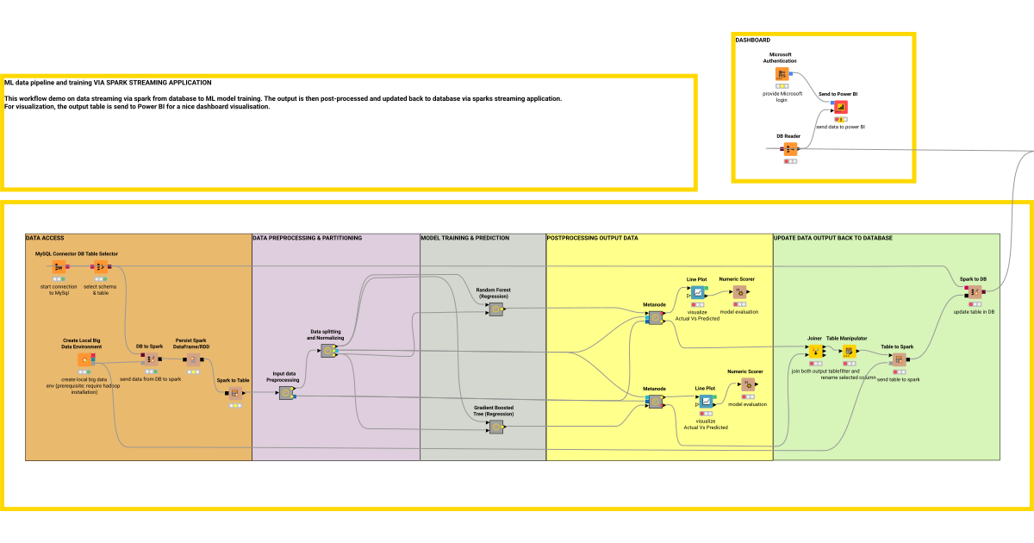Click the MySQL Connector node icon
(59, 266)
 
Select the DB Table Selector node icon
(101, 266)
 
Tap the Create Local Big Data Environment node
(84, 359)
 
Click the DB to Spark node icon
(149, 359)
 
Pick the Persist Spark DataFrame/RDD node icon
(193, 359)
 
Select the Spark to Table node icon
(234, 393)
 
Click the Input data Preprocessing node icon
(285, 393)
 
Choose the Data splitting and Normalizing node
(328, 351)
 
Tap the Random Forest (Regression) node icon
(495, 309)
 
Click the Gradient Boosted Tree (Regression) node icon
(495, 427)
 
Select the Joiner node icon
(814, 352)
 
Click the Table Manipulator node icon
(847, 352)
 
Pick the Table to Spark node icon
(898, 359)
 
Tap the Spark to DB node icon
(973, 292)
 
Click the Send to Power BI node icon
(839, 108)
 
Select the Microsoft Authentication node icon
(782, 75)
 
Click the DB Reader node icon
(790, 149)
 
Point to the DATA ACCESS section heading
(45, 238)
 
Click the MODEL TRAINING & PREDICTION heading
(464, 238)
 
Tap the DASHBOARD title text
(752, 40)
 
